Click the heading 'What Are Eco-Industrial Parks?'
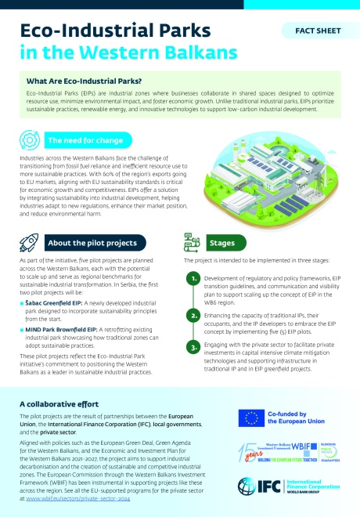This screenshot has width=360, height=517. click(84, 81)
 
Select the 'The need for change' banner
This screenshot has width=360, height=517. click(80, 141)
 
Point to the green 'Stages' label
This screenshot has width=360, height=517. click(221, 243)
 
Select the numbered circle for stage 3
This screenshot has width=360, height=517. click(193, 347)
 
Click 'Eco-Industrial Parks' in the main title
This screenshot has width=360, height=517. click(115, 31)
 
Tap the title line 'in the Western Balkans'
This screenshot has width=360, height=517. click(127, 54)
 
